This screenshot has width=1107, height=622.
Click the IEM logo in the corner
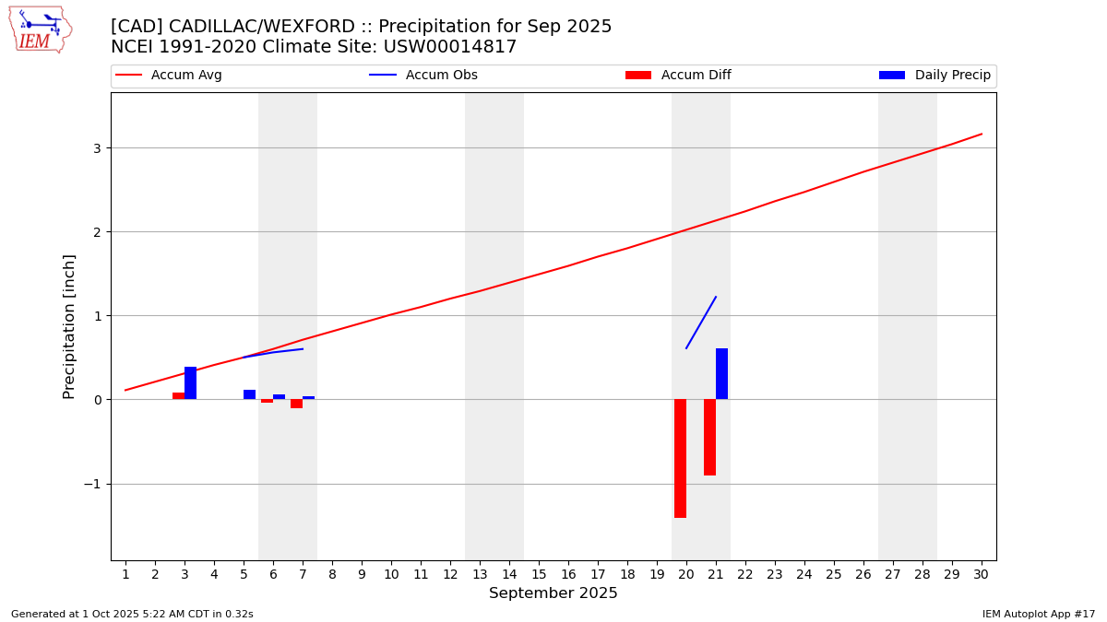tap(40, 29)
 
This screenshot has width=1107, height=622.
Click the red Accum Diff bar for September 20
tap(680, 458)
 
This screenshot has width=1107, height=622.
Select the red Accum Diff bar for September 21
tap(709, 437)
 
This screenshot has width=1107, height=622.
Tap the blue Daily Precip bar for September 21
tap(721, 374)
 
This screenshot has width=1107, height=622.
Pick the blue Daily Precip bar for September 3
tap(190, 383)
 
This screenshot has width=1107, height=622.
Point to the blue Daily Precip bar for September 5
tap(249, 394)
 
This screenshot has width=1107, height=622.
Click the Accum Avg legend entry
tap(170, 76)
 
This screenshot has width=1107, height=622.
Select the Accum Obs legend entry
tap(424, 76)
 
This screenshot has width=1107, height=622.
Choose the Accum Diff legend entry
tap(679, 76)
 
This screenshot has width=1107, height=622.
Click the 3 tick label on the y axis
tap(97, 148)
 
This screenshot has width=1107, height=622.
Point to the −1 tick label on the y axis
tap(93, 484)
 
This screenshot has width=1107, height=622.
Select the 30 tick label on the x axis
tap(981, 574)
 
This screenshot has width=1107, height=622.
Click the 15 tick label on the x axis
tap(539, 574)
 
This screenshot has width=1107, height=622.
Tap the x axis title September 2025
tap(553, 593)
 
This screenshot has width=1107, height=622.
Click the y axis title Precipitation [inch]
tap(69, 326)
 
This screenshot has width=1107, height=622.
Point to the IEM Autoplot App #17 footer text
tap(1039, 614)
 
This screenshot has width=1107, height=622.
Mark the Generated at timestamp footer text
tap(132, 614)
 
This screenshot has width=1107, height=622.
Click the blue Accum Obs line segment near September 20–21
tap(701, 323)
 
